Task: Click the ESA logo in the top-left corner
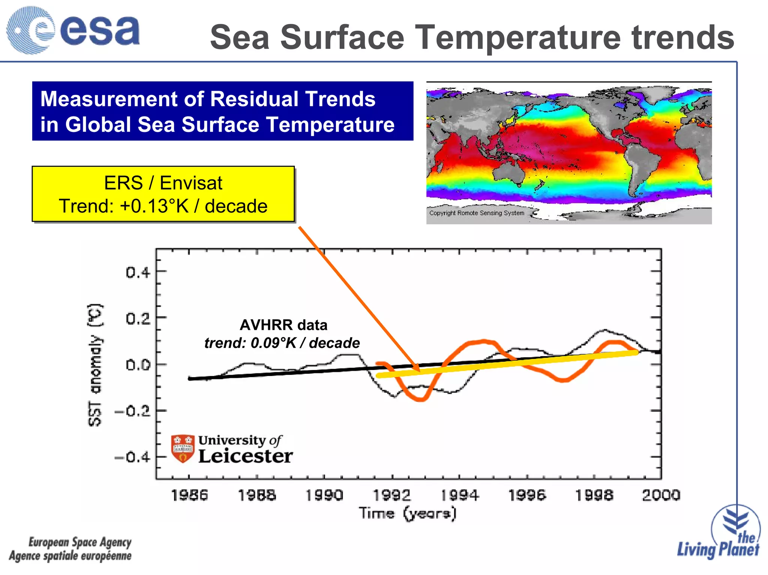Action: click(73, 30)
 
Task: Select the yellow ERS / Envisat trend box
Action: click(163, 194)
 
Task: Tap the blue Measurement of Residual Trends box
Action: click(223, 111)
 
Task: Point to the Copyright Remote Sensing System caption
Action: click(477, 213)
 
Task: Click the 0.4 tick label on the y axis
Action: click(138, 272)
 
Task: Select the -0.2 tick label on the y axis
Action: click(133, 412)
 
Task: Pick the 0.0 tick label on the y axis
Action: click(138, 365)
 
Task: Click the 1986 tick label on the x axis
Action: click(189, 495)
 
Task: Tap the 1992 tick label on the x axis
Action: click(392, 495)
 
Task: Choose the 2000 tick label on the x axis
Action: click(661, 495)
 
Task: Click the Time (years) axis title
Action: click(408, 513)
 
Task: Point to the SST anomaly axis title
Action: click(95, 365)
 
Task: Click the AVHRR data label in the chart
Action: click(283, 325)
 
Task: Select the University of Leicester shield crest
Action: click(183, 449)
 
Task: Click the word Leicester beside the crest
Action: click(245, 456)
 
